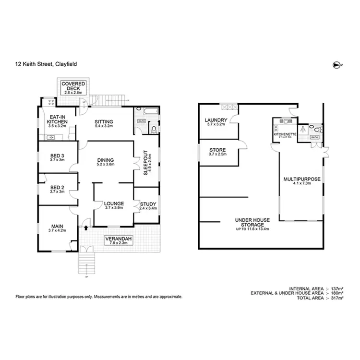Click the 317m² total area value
[336, 298]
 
